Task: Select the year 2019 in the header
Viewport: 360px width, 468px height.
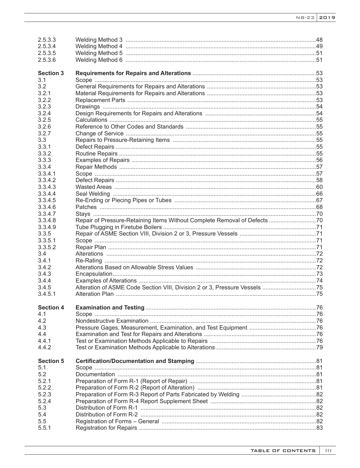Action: pos(327,18)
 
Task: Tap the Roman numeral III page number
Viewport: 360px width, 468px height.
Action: pos(328,451)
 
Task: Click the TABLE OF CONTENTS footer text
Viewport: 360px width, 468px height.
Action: pos(283,451)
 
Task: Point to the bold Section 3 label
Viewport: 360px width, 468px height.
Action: pos(51,73)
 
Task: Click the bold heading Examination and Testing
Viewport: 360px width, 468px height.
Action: pos(110,308)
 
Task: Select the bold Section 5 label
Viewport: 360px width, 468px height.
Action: pos(51,361)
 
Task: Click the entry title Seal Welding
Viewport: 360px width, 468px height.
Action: pos(93,194)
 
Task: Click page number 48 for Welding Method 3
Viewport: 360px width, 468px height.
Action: pos(319,40)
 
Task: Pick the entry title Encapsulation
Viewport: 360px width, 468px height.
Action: pos(94,274)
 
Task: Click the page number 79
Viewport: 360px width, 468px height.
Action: pos(319,347)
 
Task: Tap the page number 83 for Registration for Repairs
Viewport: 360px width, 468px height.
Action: pos(319,428)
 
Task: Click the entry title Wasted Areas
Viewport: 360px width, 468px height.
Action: pos(94,187)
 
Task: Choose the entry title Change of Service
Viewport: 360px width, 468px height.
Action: pos(99,133)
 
